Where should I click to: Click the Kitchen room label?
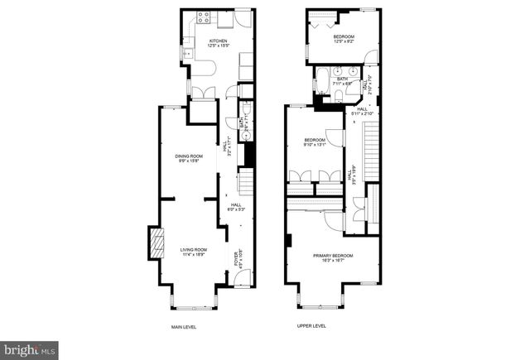pos(219,42)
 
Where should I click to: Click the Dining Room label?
pos(189,158)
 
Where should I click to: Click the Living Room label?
pos(194,252)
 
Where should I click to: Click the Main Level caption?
pos(184,327)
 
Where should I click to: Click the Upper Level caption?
pos(311,327)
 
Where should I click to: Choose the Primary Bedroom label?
pos(333,257)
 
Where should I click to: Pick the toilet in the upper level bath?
pos(338,97)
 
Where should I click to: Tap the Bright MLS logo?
pos(30,350)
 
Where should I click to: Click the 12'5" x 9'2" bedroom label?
pos(344,40)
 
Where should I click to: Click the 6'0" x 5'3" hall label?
pos(236,208)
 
